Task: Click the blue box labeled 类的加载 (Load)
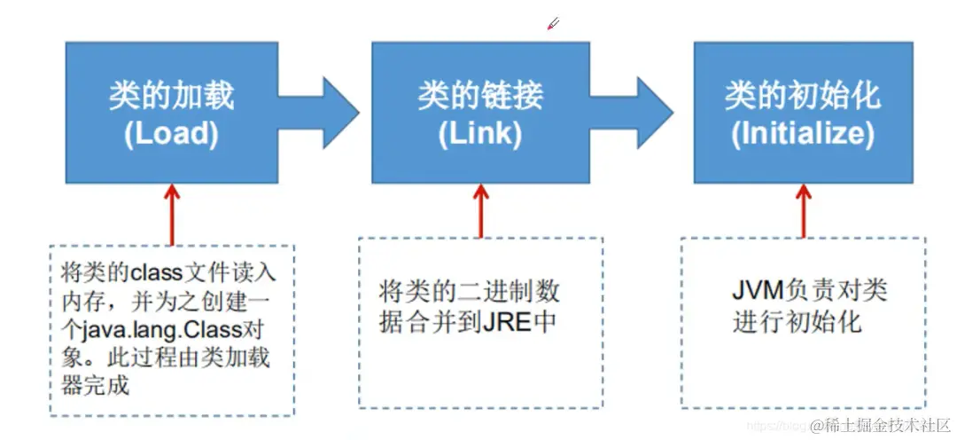[170, 111]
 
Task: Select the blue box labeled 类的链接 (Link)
[479, 111]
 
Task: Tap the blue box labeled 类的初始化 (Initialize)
[803, 111]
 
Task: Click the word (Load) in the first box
[171, 133]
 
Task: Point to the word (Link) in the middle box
[479, 133]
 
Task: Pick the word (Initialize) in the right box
[803, 133]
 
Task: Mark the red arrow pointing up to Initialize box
[804, 210]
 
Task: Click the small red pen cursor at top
[553, 23]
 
